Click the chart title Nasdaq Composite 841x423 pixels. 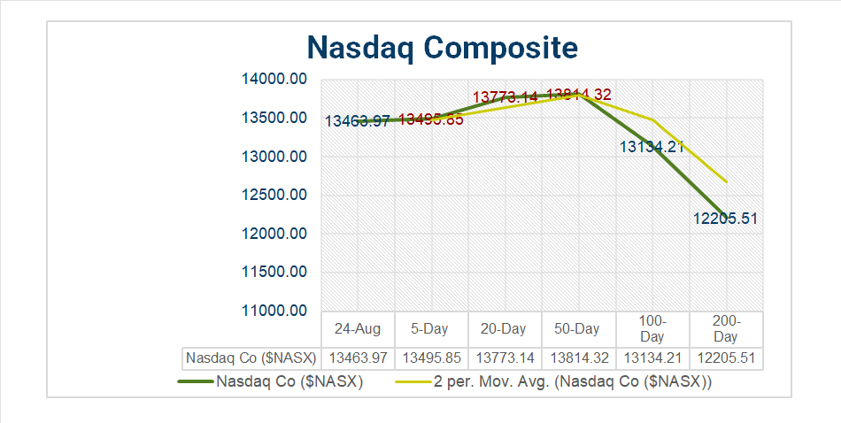442,46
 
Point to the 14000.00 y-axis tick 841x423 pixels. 274,80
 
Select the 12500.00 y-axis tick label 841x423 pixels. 274,196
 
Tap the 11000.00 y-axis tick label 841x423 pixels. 274,311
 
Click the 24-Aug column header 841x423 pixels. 358,328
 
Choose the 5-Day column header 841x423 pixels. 429,328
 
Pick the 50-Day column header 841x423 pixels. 577,328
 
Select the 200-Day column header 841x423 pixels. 725,328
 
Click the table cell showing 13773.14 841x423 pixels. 504,358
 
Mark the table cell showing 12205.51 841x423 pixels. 725,358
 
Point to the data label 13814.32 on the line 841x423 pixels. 579,95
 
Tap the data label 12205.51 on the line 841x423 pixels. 725,219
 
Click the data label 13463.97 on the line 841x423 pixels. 358,121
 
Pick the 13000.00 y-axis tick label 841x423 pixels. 274,157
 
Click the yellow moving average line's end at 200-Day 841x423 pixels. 726,181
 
